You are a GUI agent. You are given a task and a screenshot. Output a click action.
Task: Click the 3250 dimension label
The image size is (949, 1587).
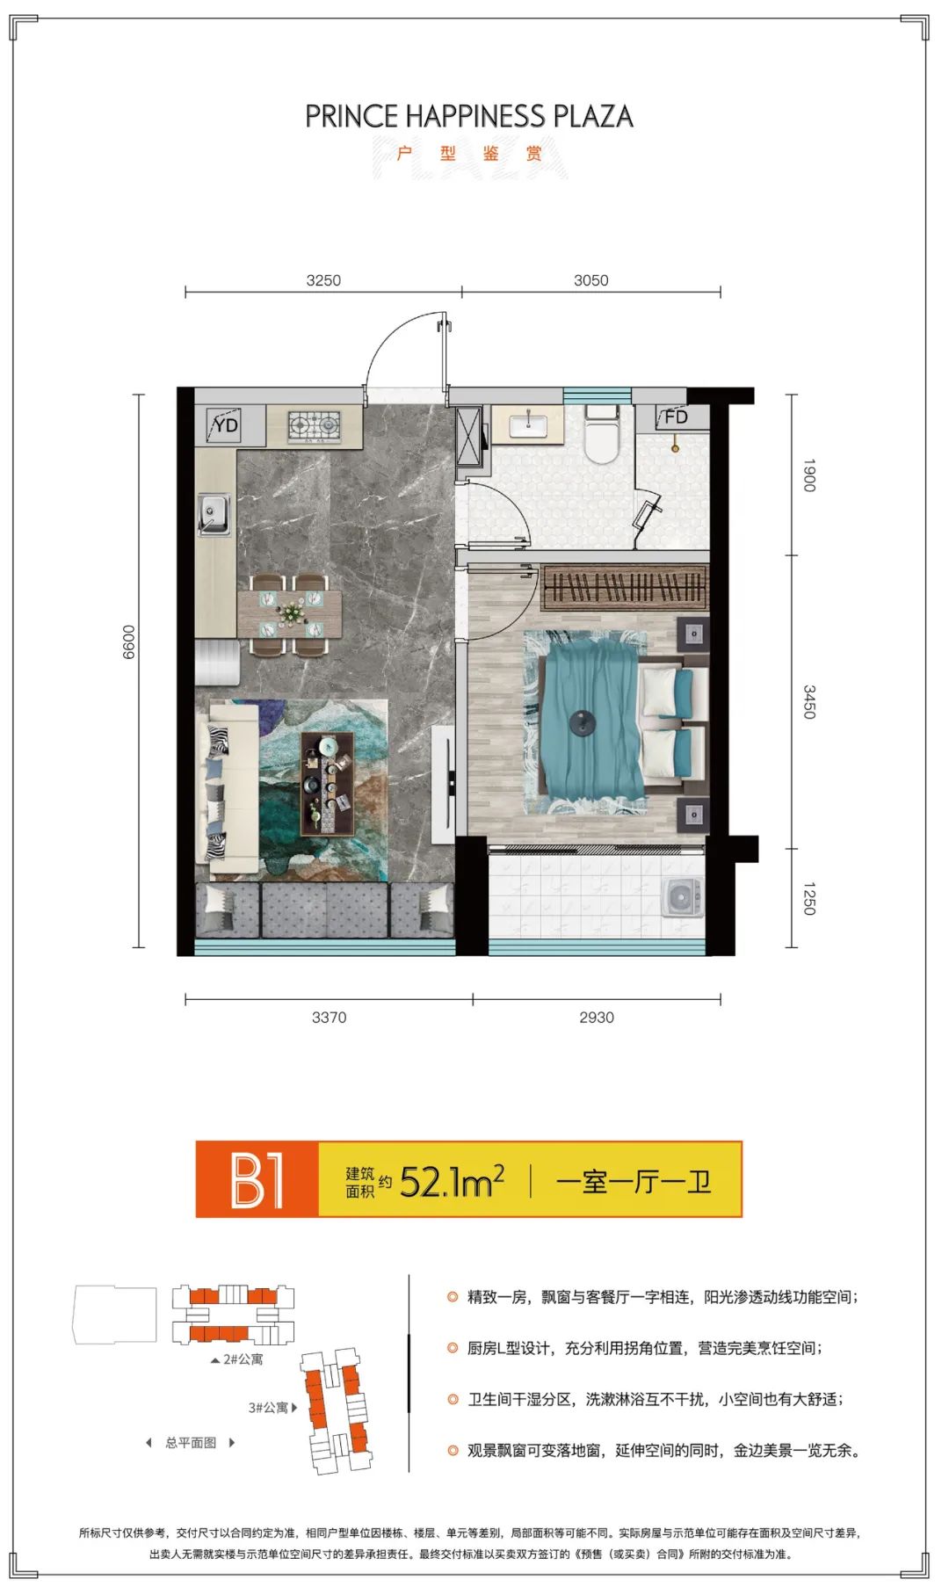(323, 280)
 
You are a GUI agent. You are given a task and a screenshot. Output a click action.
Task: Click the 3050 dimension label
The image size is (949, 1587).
(590, 280)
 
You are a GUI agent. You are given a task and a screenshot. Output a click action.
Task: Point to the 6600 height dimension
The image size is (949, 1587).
(129, 641)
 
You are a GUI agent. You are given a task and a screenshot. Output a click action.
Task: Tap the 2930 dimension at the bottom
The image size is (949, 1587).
(596, 1018)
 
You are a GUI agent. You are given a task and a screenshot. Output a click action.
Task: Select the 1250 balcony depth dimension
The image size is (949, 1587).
(809, 899)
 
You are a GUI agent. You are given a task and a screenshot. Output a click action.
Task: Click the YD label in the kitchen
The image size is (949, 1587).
(226, 425)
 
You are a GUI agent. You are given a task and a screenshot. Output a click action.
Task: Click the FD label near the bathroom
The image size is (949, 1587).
(676, 417)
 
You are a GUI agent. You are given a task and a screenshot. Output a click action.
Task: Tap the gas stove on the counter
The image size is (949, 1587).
(315, 425)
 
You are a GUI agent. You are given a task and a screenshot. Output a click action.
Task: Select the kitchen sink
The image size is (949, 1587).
(214, 513)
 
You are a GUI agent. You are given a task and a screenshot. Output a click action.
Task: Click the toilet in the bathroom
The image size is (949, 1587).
(603, 435)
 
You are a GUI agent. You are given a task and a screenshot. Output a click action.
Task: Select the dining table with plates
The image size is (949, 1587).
(289, 613)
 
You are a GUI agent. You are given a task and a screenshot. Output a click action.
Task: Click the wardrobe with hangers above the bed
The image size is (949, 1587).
(625, 587)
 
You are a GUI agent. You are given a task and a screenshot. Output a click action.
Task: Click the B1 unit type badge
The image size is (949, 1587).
(257, 1179)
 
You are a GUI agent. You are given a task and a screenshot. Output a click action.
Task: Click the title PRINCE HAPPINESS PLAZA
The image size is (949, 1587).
(469, 116)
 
